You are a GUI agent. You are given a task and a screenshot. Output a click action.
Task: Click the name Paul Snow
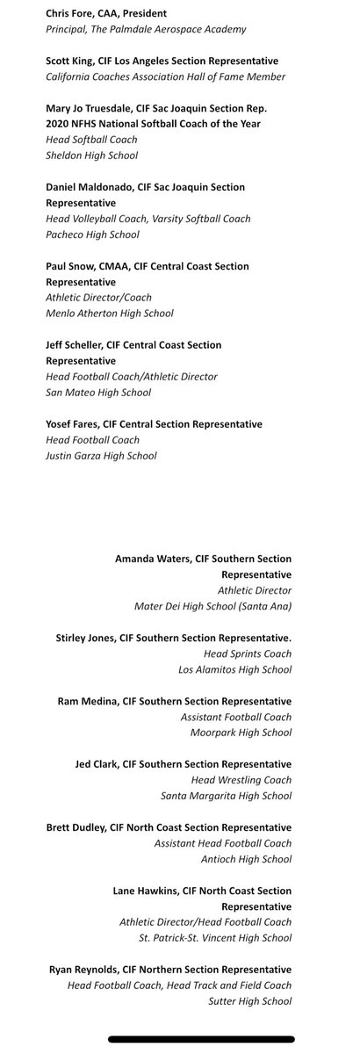pyautogui.click(x=68, y=266)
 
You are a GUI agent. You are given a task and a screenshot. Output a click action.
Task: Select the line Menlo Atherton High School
pyautogui.click(x=110, y=314)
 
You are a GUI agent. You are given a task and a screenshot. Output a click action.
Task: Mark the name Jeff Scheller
pyautogui.click(x=75, y=345)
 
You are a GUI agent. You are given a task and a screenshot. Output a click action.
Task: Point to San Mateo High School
pyautogui.click(x=97, y=393)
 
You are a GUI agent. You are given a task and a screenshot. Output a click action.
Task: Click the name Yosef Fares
pyautogui.click(x=71, y=424)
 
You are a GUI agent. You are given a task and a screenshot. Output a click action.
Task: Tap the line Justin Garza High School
pyautogui.click(x=101, y=456)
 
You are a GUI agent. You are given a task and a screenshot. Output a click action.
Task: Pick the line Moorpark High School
pyautogui.click(x=235, y=733)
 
